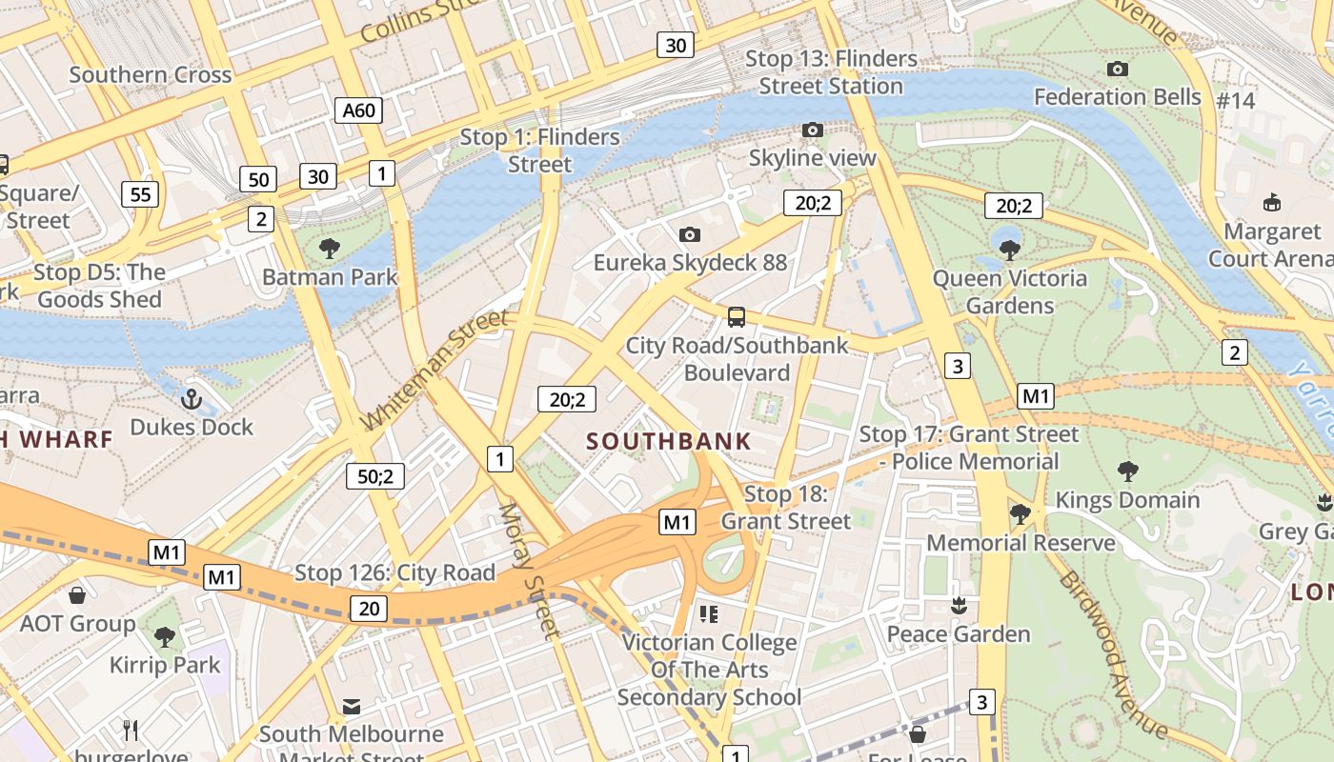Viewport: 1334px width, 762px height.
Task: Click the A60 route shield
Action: (x=358, y=110)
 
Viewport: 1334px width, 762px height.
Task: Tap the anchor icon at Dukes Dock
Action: (x=192, y=399)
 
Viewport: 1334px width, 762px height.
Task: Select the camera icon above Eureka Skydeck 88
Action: (x=690, y=234)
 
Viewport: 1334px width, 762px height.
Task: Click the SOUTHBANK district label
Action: (x=669, y=442)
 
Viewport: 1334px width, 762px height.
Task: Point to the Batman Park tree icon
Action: (x=330, y=250)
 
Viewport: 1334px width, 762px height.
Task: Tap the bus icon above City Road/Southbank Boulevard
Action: (x=736, y=317)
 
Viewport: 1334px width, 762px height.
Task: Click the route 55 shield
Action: (x=140, y=194)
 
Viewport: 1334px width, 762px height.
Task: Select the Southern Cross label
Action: (x=150, y=75)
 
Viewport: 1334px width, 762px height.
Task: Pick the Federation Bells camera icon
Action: (x=1118, y=69)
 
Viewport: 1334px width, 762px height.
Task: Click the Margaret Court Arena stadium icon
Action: (x=1271, y=202)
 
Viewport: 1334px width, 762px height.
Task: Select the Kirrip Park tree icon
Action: (x=165, y=635)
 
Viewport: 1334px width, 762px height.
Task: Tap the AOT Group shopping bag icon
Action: (x=77, y=595)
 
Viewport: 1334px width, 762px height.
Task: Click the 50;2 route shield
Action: (x=375, y=475)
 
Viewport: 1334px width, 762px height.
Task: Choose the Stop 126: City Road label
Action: (x=394, y=572)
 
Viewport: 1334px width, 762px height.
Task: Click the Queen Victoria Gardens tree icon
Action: (x=1010, y=251)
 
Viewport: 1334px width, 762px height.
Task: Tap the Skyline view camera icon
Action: (x=812, y=130)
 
